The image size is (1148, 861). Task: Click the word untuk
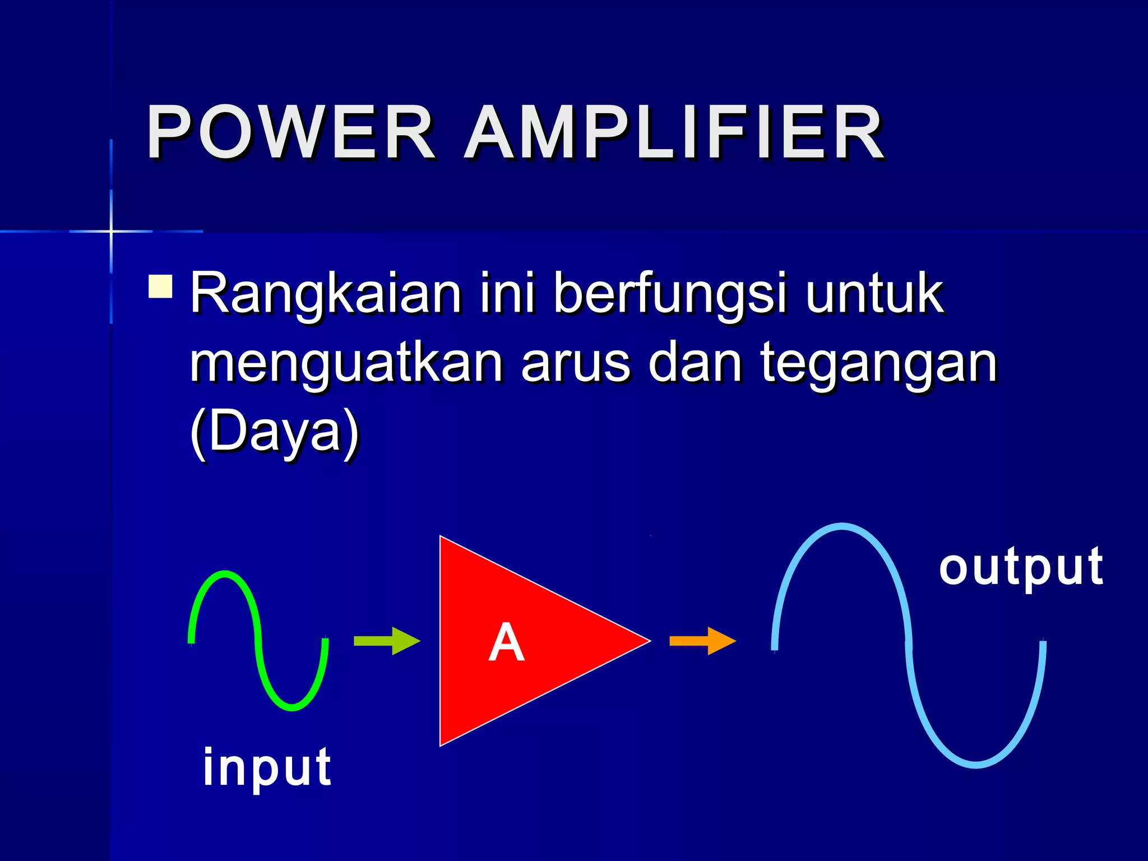[x=875, y=293]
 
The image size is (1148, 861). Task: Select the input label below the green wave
[x=267, y=767]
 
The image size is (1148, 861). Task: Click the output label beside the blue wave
[x=1021, y=567]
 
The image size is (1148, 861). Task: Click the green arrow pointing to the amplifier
[x=387, y=641]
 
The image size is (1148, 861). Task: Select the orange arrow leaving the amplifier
[x=702, y=641]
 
